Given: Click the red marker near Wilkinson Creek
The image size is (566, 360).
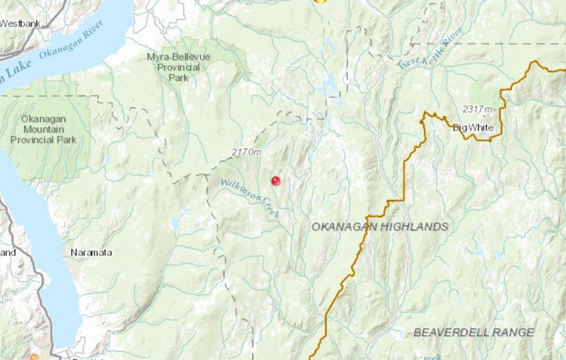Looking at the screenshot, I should pyautogui.click(x=276, y=180).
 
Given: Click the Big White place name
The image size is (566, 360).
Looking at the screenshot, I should pyautogui.click(x=474, y=127).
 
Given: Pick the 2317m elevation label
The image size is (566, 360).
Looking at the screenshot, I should pyautogui.click(x=477, y=110).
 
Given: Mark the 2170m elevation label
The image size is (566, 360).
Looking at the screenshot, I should pyautogui.click(x=246, y=152).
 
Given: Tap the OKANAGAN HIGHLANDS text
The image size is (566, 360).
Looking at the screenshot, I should pyautogui.click(x=379, y=227).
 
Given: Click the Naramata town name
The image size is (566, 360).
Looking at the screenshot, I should pyautogui.click(x=91, y=252).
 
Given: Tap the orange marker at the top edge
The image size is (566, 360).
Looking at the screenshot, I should pyautogui.click(x=320, y=1).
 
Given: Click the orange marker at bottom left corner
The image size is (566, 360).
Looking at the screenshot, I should pyautogui.click(x=34, y=357).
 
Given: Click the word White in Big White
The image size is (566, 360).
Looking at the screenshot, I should pyautogui.click(x=482, y=127).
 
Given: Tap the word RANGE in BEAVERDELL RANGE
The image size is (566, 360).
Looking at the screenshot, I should pyautogui.click(x=512, y=333).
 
